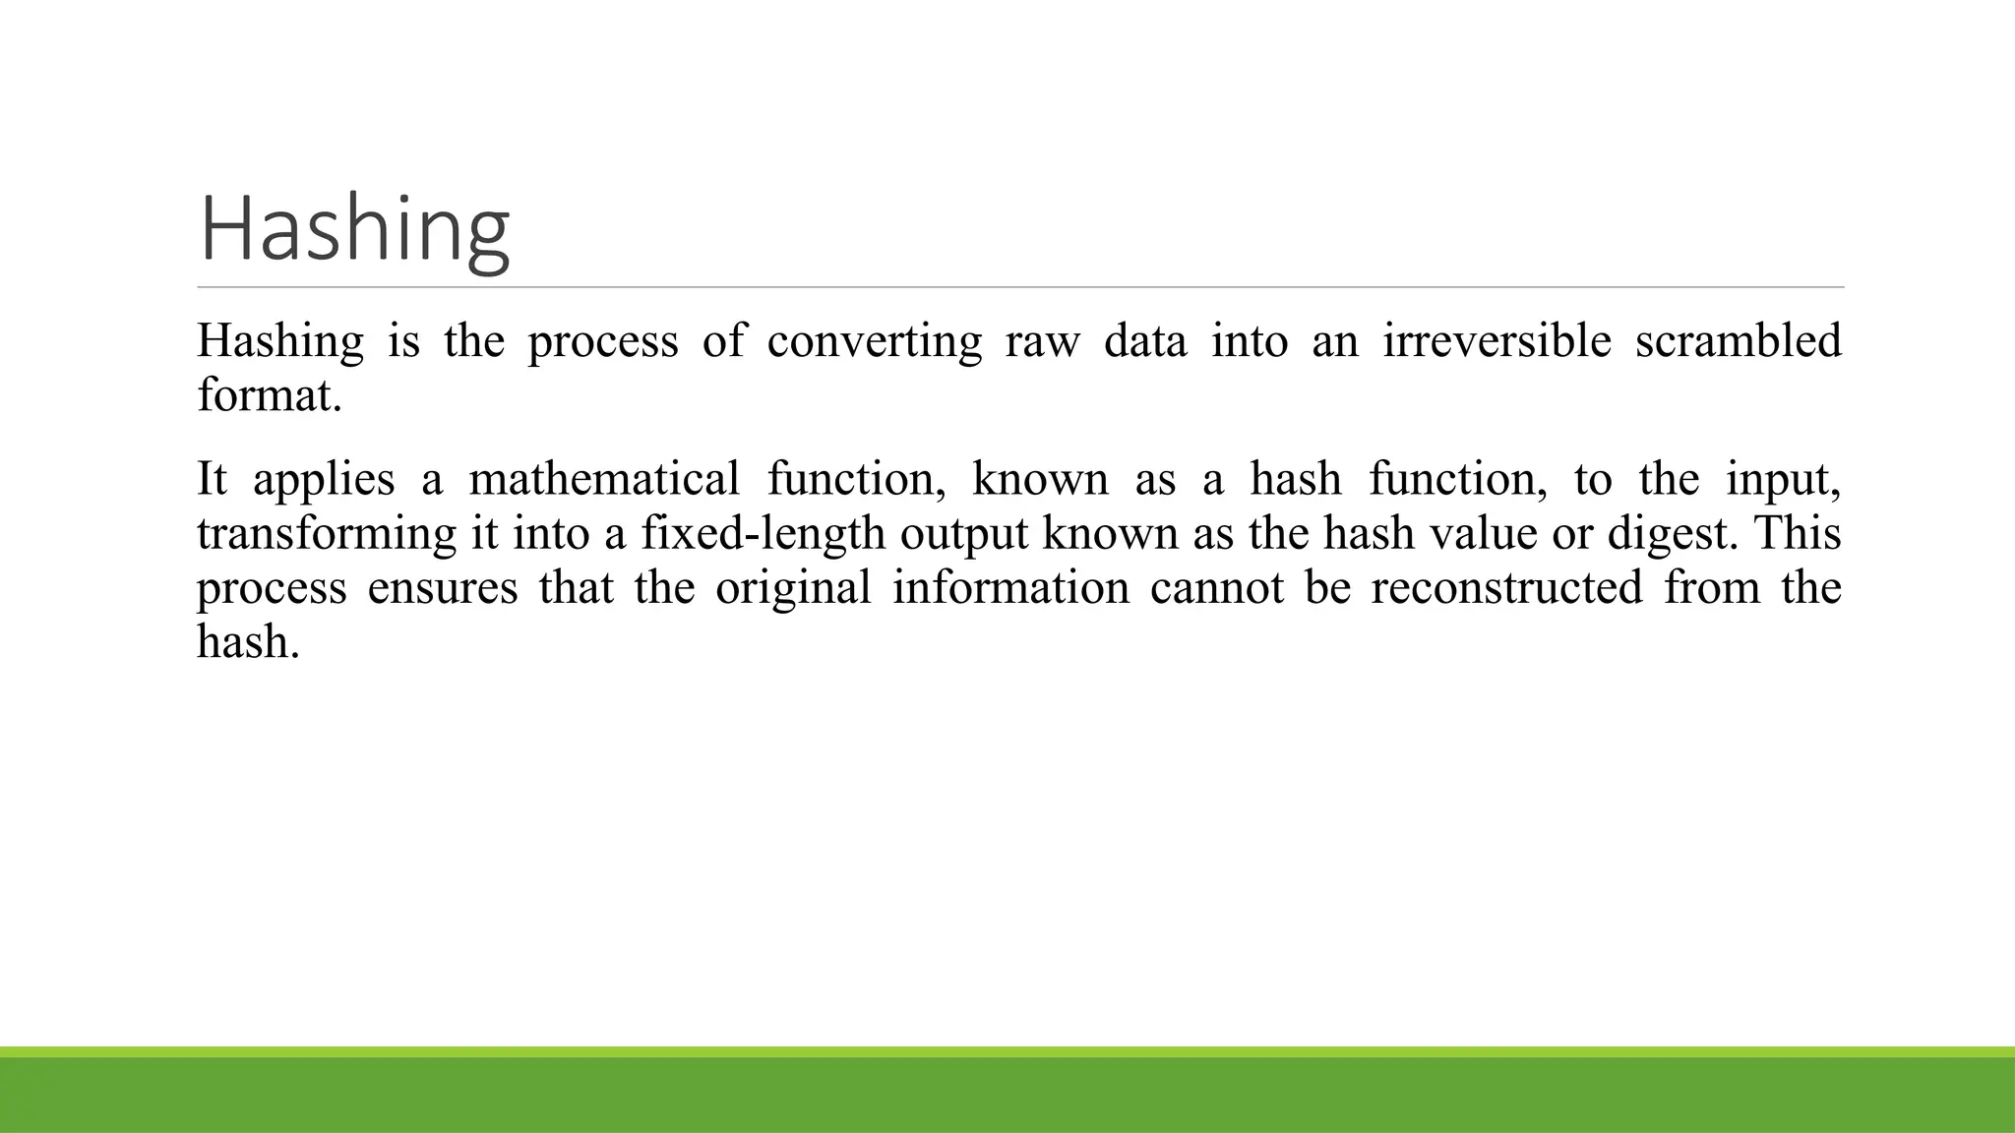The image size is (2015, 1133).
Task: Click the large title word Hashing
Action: [x=354, y=229]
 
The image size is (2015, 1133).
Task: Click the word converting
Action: [x=874, y=341]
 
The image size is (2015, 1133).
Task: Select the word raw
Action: [x=1042, y=341]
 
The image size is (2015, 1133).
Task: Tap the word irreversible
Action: [x=1496, y=341]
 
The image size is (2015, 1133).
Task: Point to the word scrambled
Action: [x=1738, y=341]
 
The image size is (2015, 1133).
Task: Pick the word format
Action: [x=269, y=395]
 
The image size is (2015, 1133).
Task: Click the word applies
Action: [x=324, y=480]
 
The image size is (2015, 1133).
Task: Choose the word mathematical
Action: [x=603, y=479]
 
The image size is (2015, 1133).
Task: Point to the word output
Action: [x=963, y=534]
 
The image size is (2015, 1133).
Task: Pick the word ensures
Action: [x=442, y=588]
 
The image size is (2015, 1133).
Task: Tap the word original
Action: [x=793, y=588]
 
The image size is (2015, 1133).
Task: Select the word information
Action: [x=1010, y=588]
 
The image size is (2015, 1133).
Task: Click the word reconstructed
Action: [x=1506, y=588]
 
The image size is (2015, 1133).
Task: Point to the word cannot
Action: [x=1217, y=588]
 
